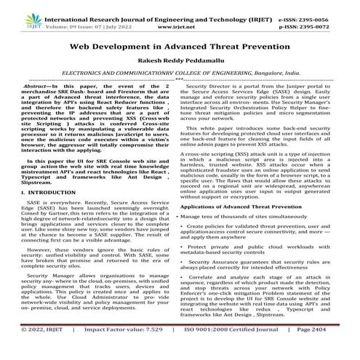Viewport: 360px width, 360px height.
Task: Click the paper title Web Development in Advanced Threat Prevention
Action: [179, 45]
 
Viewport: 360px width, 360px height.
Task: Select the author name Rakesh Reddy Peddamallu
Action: [179, 61]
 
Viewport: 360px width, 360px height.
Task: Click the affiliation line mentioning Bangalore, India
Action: [179, 73]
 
